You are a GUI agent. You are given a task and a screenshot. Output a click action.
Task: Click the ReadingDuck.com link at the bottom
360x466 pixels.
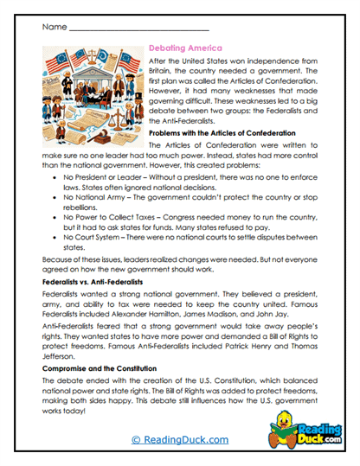click(x=179, y=441)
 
